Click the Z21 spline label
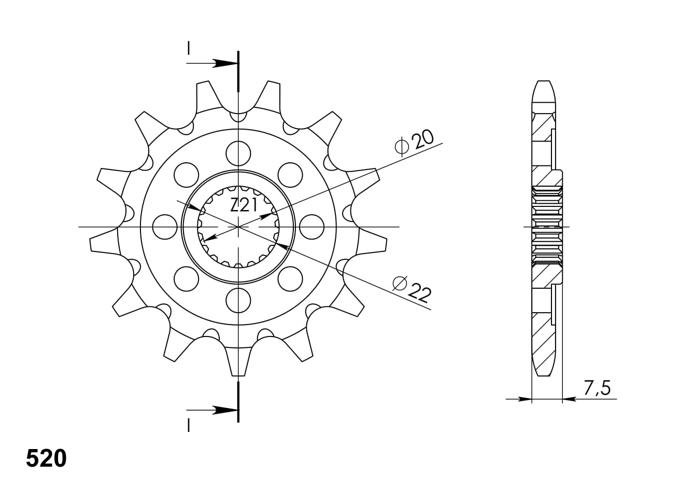tap(244, 205)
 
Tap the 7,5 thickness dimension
tap(597, 388)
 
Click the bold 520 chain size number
tap(46, 458)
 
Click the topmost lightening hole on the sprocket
tap(238, 153)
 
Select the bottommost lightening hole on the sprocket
tap(238, 300)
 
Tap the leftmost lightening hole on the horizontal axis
tap(165, 227)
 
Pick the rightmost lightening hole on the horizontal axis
tap(311, 227)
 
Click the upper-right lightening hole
tap(290, 175)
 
